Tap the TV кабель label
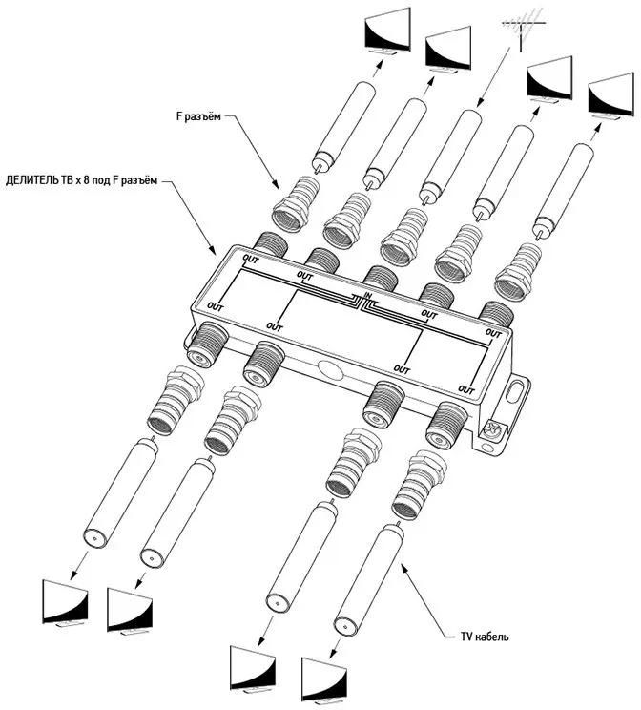pyautogui.click(x=477, y=637)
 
